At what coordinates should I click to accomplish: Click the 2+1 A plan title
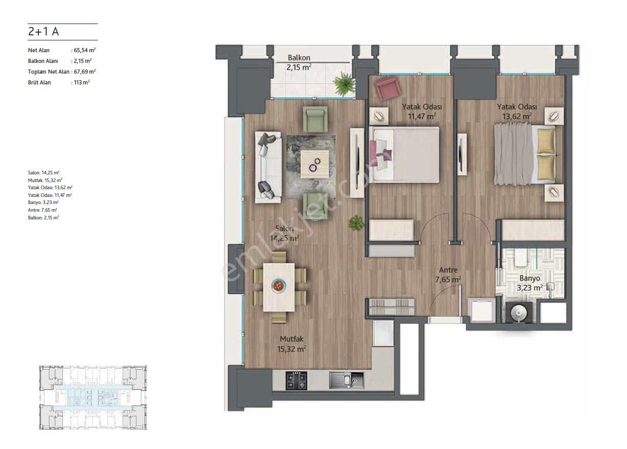44,31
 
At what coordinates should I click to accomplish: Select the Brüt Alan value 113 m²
82,82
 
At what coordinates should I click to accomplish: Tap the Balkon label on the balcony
299,58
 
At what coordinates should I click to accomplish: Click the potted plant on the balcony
344,83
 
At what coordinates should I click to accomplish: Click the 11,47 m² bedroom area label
422,116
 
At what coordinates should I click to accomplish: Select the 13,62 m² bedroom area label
517,116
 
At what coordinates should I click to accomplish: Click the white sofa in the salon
268,167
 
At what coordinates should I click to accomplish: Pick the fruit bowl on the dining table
278,286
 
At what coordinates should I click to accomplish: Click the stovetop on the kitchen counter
296,380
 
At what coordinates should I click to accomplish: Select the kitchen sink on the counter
347,380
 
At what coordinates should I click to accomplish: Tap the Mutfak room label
291,339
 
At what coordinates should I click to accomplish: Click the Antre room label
448,270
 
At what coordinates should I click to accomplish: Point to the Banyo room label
530,278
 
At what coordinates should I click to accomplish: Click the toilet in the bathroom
521,258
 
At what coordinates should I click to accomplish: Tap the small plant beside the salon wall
356,223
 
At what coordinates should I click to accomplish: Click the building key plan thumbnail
93,397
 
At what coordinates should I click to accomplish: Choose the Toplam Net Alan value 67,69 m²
84,72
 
